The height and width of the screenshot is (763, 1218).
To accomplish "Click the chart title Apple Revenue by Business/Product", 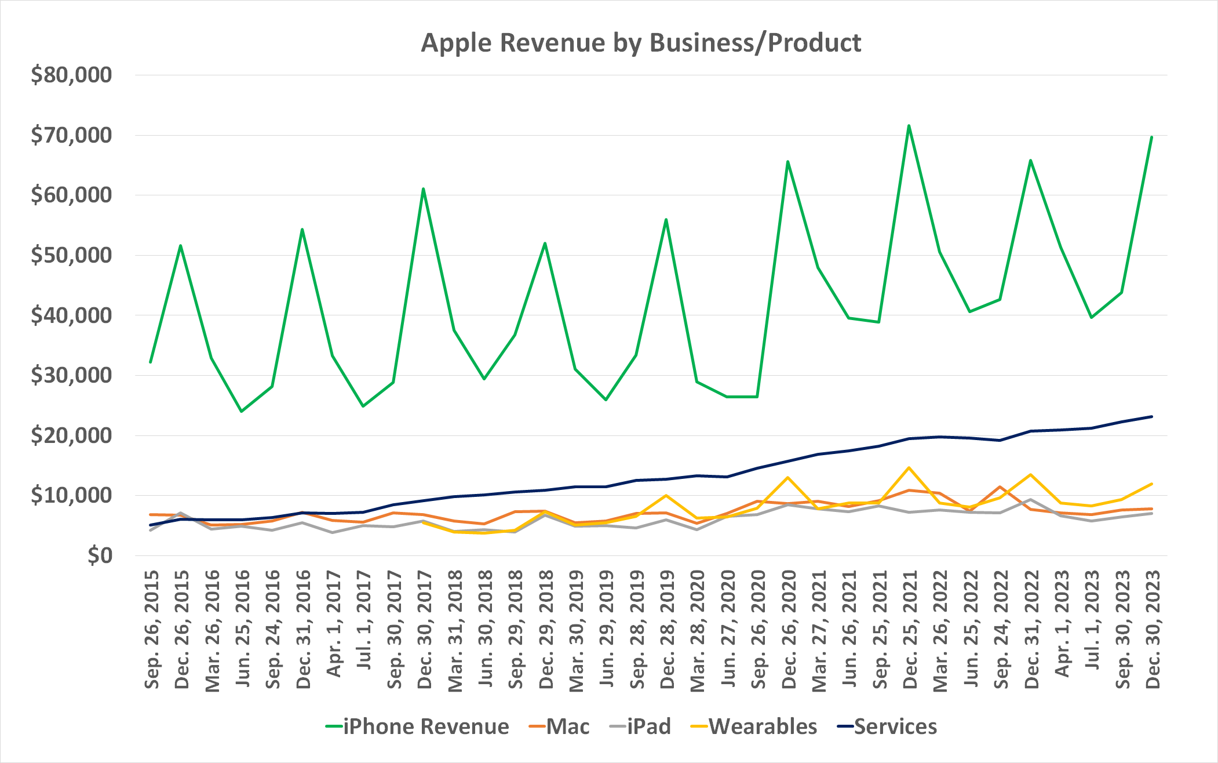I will coord(641,43).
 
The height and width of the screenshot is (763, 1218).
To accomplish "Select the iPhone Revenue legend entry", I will coord(425,726).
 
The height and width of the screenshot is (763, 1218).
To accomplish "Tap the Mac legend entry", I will coord(567,726).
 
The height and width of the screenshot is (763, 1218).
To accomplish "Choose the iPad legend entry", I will coord(648,726).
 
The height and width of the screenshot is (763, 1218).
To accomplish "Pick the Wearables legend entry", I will coord(763,726).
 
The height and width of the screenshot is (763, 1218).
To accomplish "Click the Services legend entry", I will coord(895,726).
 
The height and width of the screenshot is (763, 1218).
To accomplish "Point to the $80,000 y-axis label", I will coord(71,75).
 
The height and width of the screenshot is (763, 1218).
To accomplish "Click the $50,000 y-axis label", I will coord(71,255).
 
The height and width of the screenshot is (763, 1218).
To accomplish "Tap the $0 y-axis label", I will coord(99,555).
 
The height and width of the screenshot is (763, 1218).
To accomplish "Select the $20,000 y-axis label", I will coord(71,435).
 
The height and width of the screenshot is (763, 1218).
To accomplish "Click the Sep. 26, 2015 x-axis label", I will coord(152,630).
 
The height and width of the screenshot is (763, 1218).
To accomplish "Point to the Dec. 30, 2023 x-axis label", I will coord(1153,630).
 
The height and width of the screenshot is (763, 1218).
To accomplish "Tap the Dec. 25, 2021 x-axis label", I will coord(910,630).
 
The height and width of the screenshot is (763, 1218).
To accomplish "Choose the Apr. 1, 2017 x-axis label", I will coord(334,624).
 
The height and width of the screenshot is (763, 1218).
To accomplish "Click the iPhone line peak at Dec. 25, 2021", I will coord(909,125).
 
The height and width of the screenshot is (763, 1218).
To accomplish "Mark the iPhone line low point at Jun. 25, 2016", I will coord(241,412).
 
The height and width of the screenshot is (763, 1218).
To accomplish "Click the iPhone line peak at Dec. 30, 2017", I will coord(423,188).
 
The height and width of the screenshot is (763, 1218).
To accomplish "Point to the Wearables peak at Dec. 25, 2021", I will coord(909,468).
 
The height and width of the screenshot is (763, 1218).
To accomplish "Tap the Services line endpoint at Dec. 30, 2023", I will coord(1151,416).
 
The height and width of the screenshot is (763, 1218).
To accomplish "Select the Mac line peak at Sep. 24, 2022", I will coord(1000,487).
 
